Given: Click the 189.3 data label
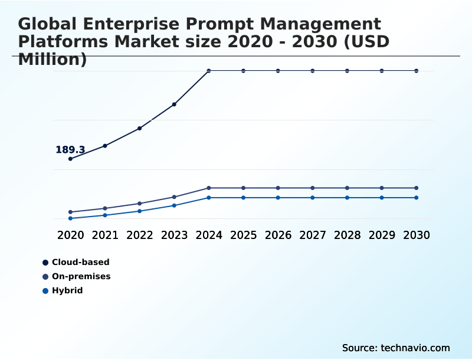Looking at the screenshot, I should click(70, 150).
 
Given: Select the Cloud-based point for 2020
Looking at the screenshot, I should click(71, 159).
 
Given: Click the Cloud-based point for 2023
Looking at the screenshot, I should click(174, 104).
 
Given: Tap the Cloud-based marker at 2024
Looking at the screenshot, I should click(209, 71).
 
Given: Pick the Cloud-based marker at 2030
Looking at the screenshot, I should click(417, 71).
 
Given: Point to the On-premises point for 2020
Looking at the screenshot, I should click(71, 212).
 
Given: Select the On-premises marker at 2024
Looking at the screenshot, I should click(209, 188).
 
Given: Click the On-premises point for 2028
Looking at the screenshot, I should click(347, 188).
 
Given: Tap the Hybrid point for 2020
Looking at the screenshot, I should click(71, 218).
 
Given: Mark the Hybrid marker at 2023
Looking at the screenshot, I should click(174, 205).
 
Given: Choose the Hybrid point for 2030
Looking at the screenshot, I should click(417, 198).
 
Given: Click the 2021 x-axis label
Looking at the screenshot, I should click(105, 235).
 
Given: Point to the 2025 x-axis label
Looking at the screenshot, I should click(243, 235).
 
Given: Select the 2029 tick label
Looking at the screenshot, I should click(382, 235).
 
